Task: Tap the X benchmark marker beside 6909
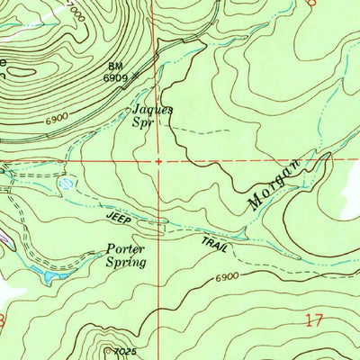(x=134, y=77)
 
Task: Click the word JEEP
(x=120, y=218)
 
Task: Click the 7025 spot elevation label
(x=125, y=352)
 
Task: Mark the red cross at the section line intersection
(x=158, y=162)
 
